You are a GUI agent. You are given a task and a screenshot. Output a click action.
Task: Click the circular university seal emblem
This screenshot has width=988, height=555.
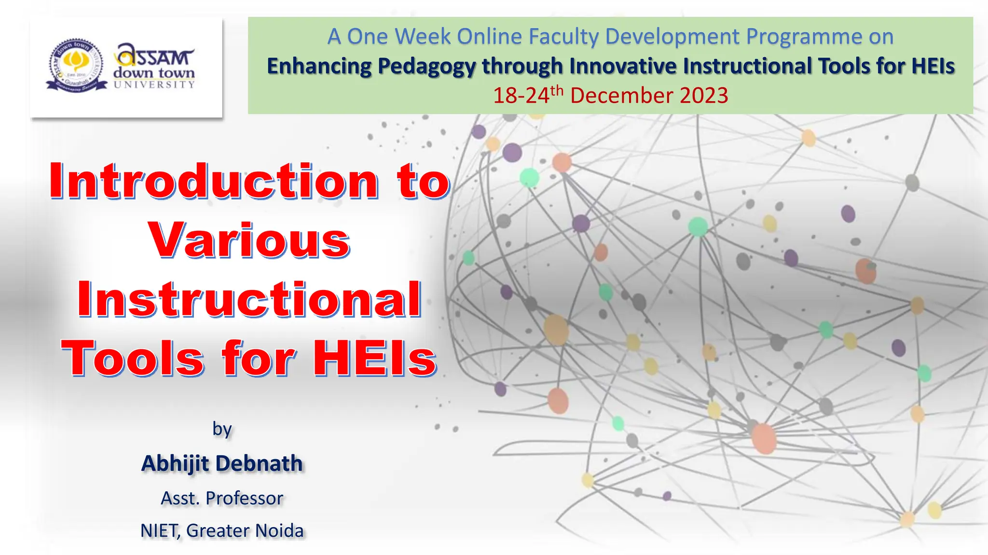tap(76, 65)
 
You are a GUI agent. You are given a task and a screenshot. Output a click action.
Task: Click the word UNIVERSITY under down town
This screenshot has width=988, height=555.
tap(154, 85)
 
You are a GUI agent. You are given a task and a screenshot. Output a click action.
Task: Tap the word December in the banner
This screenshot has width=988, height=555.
tap(621, 95)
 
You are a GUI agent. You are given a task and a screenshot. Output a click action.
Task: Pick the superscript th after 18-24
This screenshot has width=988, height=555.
tap(557, 90)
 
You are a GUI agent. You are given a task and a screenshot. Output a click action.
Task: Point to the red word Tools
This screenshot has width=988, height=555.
tap(133, 359)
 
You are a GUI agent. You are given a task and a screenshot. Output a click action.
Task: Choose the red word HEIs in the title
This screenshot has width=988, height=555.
tap(374, 359)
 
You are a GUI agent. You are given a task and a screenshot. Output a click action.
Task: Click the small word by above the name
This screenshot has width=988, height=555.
tap(222, 428)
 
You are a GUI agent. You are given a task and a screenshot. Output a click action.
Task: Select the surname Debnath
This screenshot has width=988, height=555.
tap(259, 463)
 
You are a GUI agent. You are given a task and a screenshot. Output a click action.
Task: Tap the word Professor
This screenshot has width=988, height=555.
tap(245, 498)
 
